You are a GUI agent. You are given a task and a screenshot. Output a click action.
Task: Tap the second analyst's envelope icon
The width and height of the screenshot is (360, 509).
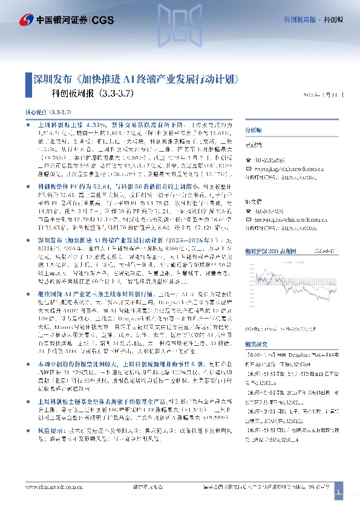(x=248, y=221)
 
